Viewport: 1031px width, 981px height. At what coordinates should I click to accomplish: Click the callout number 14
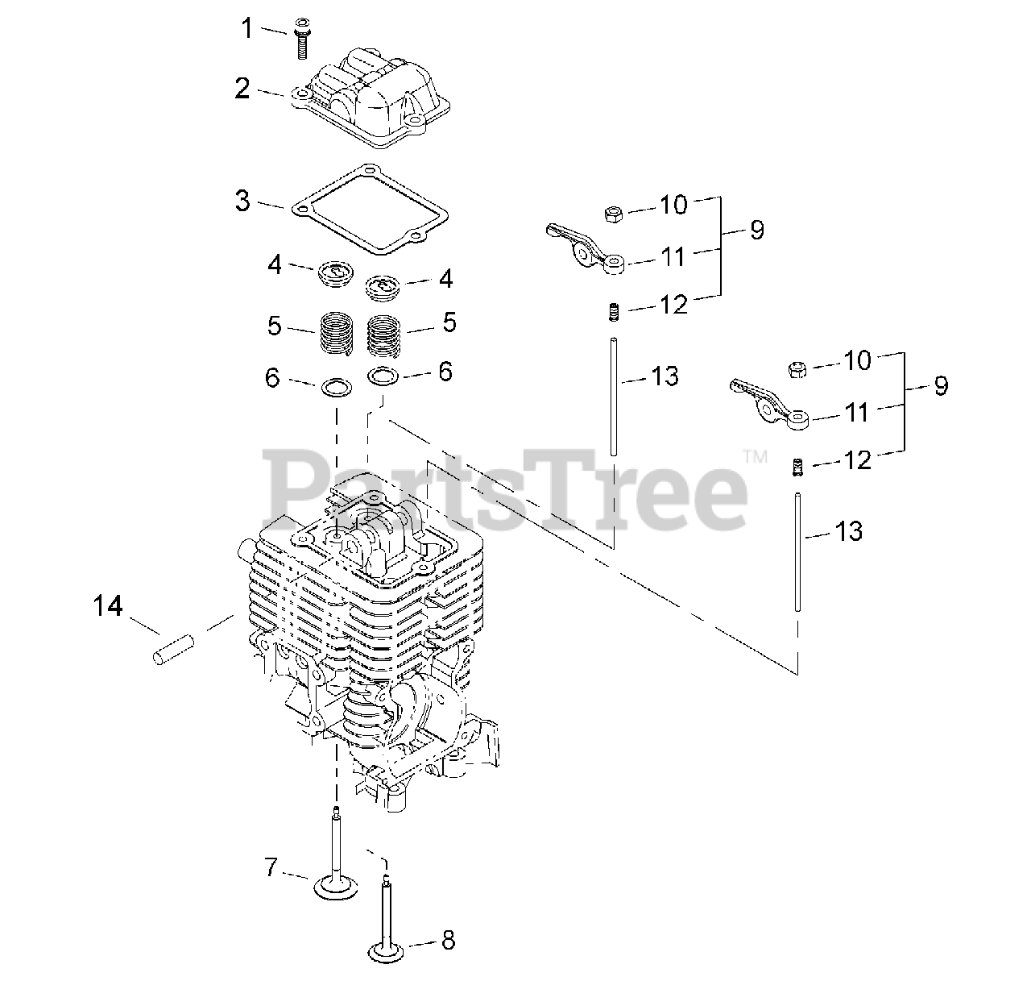(108, 605)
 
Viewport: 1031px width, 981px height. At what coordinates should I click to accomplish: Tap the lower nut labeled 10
(797, 369)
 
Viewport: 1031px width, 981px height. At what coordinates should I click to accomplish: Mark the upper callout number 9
(756, 230)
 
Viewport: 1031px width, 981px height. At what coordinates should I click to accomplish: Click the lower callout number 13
(847, 530)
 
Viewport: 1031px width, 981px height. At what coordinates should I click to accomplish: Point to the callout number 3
(242, 200)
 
